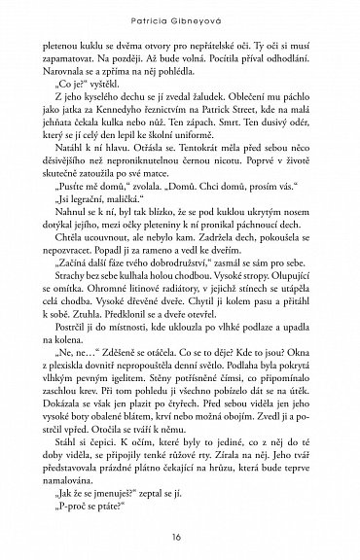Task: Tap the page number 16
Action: (179, 539)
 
